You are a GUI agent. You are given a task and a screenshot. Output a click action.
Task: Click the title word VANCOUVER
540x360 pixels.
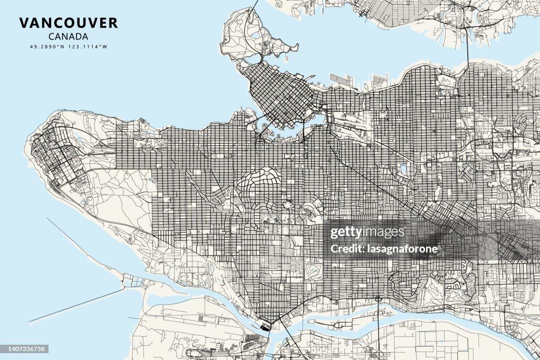[69, 23]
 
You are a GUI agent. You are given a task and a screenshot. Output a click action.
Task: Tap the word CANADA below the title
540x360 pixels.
[68, 36]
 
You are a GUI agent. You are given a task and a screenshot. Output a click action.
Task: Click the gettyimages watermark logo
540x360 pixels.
[367, 232]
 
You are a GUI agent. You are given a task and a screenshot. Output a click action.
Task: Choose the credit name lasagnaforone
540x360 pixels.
[384, 249]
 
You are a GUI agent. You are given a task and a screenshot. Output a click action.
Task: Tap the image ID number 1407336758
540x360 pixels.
[24, 348]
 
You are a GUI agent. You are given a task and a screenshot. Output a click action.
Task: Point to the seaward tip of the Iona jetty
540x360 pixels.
[31, 322]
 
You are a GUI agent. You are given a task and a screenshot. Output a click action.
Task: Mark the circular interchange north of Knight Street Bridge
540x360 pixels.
[378, 299]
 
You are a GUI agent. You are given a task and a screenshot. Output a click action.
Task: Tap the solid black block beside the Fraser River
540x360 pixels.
[265, 327]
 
